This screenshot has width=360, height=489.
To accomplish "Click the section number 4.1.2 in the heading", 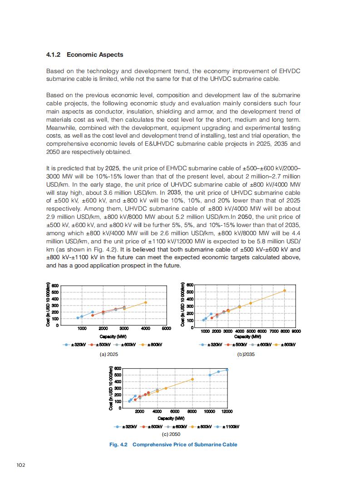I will click(54, 54).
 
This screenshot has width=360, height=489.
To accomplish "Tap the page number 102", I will click(20, 464).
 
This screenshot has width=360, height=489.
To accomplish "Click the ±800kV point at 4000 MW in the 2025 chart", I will click(146, 302).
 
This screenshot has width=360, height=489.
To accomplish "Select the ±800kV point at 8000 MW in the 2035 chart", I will click(285, 291).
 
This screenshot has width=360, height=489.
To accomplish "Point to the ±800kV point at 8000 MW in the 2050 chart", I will click(192, 379).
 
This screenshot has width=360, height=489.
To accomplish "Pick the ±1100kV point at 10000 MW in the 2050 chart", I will click(210, 375).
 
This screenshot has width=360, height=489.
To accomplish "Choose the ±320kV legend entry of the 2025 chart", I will click(75, 345).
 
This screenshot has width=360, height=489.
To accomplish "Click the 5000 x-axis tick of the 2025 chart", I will click(166, 328).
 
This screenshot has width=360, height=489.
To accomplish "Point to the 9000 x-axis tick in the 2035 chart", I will click(296, 331).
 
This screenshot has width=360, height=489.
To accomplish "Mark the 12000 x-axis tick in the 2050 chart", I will click(227, 411).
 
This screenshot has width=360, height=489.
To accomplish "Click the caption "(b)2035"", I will click(246, 354).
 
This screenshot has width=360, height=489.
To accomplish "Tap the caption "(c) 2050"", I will click(171, 435).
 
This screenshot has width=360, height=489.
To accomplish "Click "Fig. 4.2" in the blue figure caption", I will click(118, 445).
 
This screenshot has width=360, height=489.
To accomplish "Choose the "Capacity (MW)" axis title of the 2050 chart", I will click(171, 418).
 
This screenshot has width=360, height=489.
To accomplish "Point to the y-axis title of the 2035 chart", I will click(182, 304).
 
